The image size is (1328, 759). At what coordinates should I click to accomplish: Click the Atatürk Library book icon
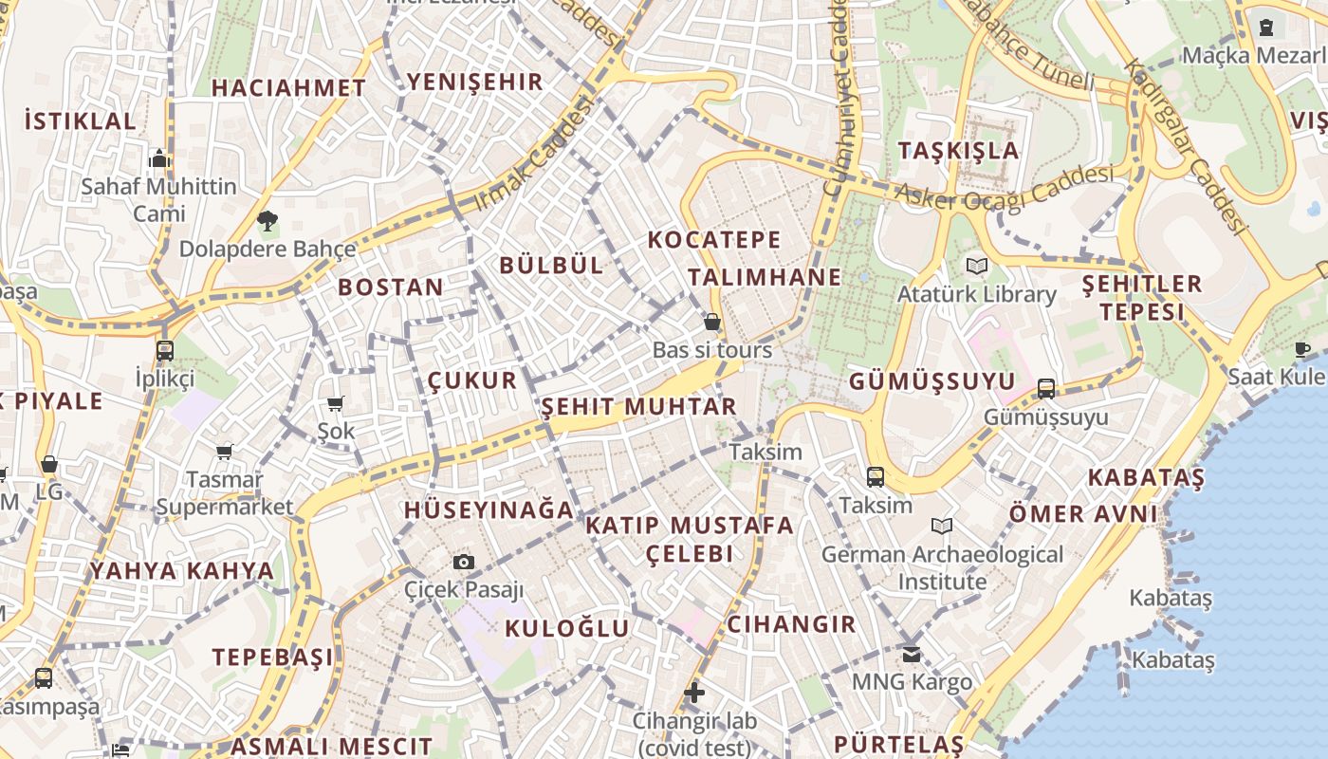point(976,266)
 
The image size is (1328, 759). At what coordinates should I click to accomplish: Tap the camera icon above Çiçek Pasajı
point(463,562)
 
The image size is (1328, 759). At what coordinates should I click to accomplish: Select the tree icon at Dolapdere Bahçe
point(267,222)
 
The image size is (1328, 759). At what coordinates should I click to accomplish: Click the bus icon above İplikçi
point(165,350)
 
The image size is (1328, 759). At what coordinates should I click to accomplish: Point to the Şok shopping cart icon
point(335,404)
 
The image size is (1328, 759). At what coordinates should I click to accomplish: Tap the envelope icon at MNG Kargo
point(912,654)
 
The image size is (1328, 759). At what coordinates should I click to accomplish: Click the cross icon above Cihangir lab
point(694,693)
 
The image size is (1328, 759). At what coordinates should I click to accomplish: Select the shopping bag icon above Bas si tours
point(712,323)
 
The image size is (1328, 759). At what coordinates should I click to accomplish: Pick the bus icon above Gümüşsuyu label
point(1046,388)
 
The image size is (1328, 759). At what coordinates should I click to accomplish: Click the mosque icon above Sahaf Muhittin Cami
point(159,157)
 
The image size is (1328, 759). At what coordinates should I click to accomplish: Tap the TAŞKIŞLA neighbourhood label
point(958,151)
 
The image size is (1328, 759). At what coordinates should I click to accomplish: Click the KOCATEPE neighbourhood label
point(714,240)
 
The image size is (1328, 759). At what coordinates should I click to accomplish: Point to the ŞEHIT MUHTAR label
point(638,407)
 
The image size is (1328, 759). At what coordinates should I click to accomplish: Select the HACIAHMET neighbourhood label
point(288,88)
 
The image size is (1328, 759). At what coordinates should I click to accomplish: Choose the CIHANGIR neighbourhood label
point(791,624)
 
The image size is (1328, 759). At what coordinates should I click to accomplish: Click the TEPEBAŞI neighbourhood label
point(272,657)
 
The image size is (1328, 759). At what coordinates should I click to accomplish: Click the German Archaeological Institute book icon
point(942,526)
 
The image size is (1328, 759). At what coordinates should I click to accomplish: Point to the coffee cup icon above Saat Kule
point(1302,349)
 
